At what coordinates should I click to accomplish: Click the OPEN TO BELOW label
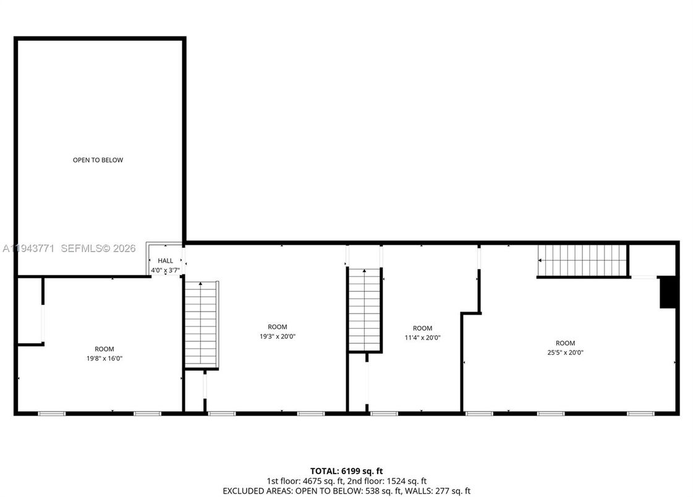[x=98, y=160]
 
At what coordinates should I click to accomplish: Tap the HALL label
[x=166, y=261]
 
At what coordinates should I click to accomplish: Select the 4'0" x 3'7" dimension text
[x=165, y=270]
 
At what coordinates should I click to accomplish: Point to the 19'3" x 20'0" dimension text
[x=278, y=336]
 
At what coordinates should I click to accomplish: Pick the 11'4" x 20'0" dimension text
[x=423, y=338]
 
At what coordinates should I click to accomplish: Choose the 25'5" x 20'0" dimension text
[x=565, y=352]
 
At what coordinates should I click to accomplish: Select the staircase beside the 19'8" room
[x=202, y=324]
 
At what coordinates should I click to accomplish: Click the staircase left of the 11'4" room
[x=365, y=309]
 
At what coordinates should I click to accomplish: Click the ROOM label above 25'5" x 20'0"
[x=565, y=343]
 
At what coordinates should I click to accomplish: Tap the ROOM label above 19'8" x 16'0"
[x=104, y=349]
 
